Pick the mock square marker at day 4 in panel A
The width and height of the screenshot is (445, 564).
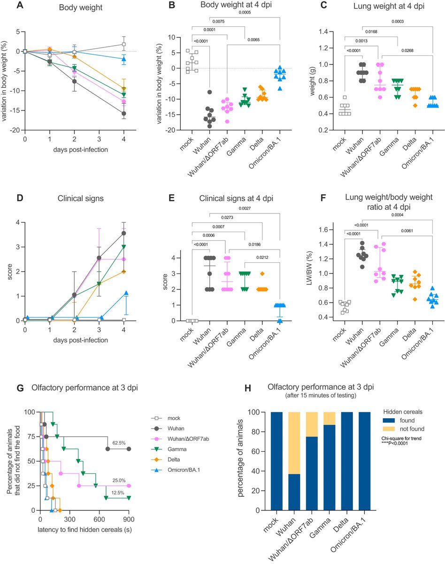tap(123, 44)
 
